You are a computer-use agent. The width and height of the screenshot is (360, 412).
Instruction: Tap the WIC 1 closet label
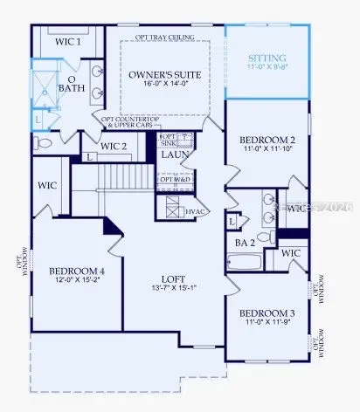pos(68,41)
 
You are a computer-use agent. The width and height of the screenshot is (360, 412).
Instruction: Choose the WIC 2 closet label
pos(114,147)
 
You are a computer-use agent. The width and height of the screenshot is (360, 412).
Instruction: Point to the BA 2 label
pos(244,242)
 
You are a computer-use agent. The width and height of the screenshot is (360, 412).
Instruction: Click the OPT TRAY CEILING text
pos(165,37)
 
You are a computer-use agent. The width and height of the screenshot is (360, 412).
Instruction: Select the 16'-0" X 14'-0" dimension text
pos(165,87)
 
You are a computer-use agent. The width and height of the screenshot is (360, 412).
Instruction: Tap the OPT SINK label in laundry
pos(168,140)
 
